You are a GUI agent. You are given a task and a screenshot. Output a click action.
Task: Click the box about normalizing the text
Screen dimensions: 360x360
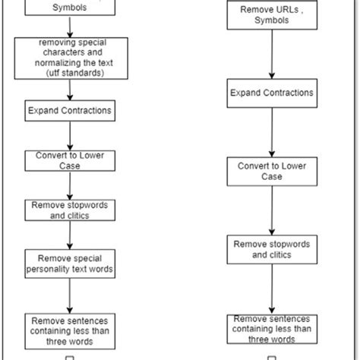(70, 58)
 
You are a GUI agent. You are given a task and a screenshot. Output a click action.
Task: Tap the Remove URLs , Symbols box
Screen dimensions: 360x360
(270, 14)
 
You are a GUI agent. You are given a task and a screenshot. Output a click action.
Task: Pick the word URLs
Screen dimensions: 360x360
(272, 10)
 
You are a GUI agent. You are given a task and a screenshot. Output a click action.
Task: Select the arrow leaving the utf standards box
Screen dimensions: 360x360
(70, 90)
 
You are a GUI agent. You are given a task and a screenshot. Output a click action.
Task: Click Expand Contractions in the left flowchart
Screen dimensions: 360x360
(70, 111)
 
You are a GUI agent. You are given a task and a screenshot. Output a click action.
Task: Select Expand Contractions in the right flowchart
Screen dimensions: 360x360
(271, 93)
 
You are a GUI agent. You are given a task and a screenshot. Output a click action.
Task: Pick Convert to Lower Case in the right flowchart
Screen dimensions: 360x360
(271, 172)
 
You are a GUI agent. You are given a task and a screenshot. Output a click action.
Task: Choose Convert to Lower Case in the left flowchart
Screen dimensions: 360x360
(70, 160)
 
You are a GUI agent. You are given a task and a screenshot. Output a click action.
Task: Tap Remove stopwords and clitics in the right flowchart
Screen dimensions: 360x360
(271, 250)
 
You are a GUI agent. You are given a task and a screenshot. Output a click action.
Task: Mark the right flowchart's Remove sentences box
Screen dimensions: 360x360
(271, 328)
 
